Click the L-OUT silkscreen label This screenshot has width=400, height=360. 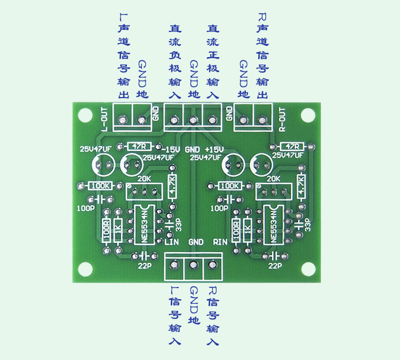(x=105, y=120)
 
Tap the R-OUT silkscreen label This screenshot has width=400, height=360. (x=282, y=120)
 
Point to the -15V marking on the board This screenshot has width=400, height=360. (x=171, y=149)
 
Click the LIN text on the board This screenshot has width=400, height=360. (x=171, y=242)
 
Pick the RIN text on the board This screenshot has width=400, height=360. (x=220, y=242)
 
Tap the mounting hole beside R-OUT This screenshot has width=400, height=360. (x=308, y=115)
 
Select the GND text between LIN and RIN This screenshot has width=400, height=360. (x=196, y=242)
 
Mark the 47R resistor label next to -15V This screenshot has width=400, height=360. (x=140, y=146)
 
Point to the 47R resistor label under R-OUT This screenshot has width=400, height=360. (x=292, y=146)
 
